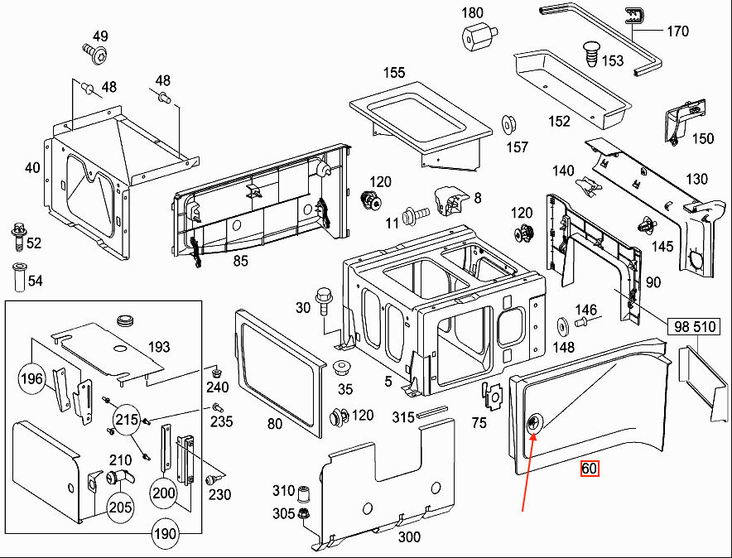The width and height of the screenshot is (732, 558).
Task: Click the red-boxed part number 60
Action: click(589, 468)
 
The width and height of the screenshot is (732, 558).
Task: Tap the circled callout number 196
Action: click(31, 378)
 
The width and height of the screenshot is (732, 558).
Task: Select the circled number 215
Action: click(127, 420)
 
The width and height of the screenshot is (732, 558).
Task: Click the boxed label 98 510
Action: click(694, 326)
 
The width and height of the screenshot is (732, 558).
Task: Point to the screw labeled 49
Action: click(95, 54)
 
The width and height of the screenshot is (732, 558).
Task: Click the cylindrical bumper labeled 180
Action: click(479, 36)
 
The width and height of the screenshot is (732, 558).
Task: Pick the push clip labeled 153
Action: click(592, 55)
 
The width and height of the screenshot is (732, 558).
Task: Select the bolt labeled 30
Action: click(323, 301)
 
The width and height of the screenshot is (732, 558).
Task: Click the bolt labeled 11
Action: click(415, 215)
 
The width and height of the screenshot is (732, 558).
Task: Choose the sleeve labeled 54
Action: click(20, 277)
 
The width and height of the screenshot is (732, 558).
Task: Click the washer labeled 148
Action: click(563, 325)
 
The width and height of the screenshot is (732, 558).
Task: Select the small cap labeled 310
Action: click(303, 493)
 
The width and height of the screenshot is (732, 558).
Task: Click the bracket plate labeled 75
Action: click(492, 395)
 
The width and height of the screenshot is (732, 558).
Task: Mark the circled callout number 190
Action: click(166, 533)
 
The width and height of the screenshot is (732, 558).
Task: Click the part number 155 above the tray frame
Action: click(394, 73)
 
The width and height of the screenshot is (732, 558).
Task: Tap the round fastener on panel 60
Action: click(533, 424)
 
